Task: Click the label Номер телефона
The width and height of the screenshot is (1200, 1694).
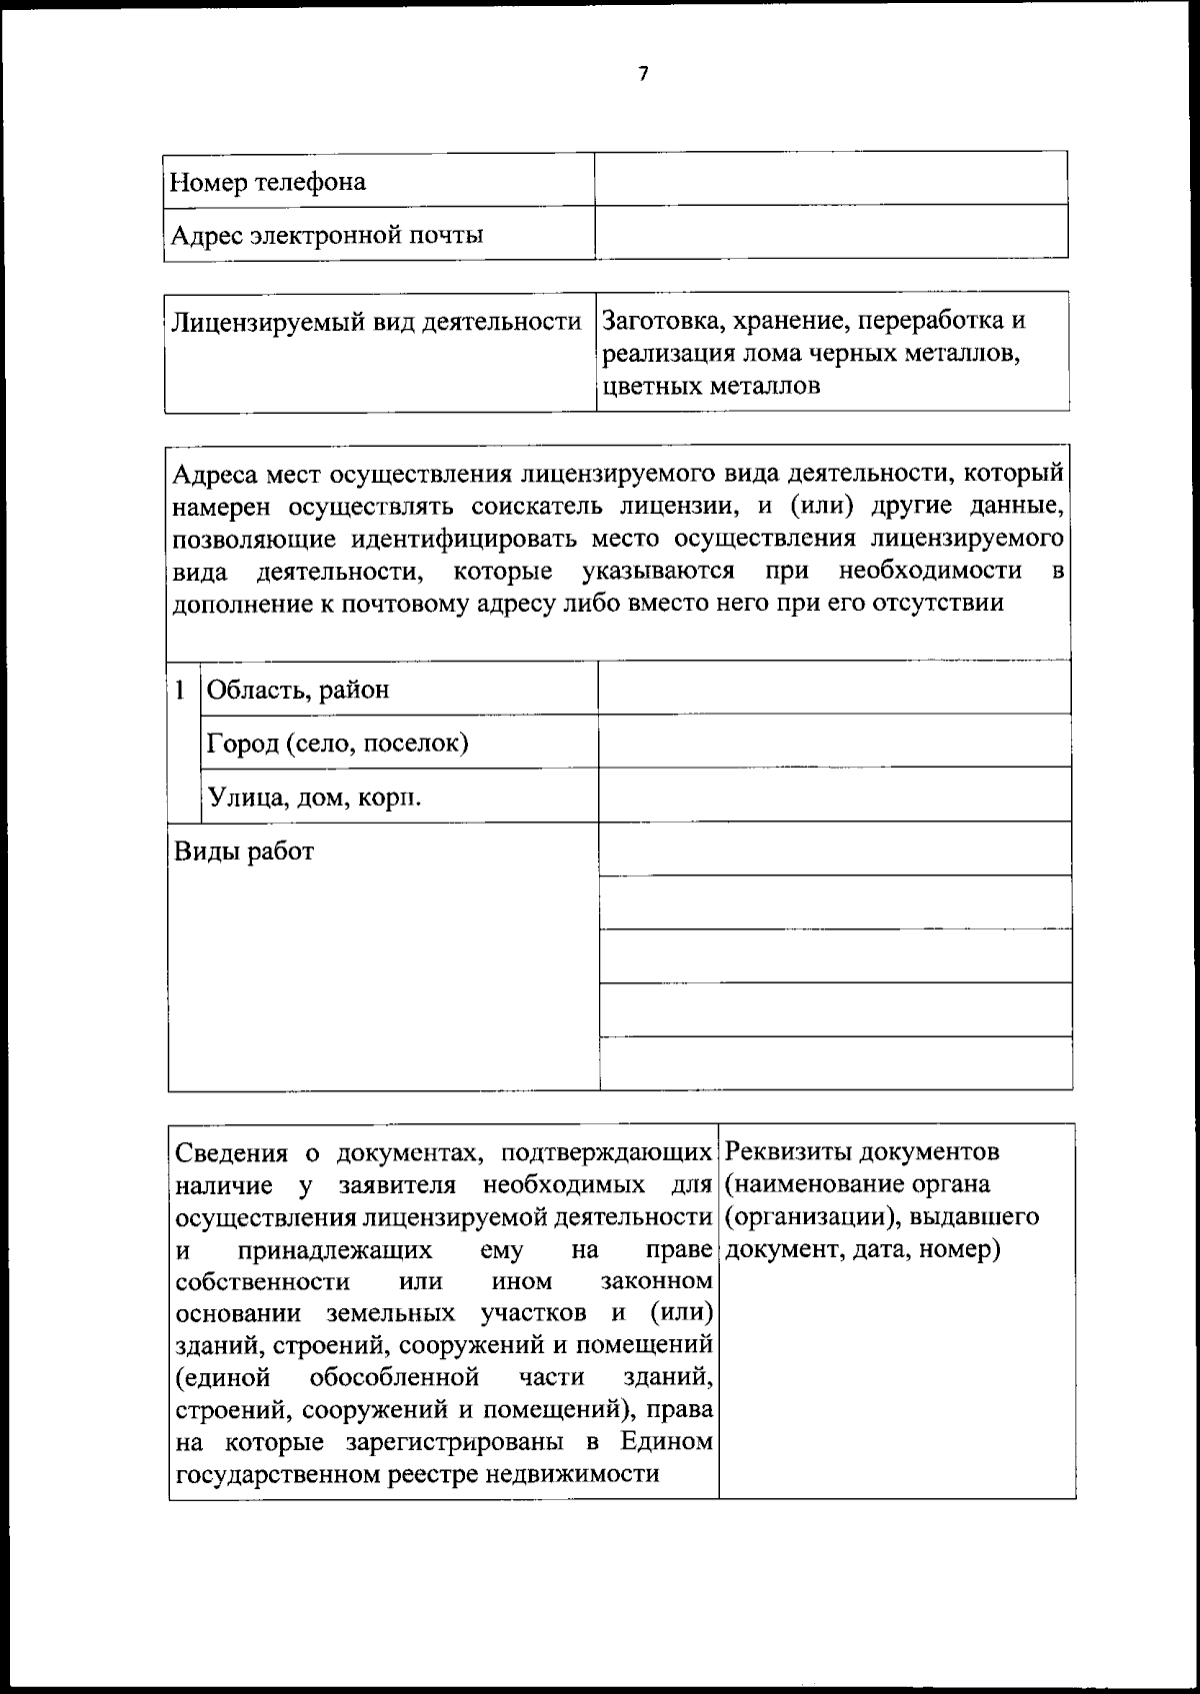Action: coord(268,182)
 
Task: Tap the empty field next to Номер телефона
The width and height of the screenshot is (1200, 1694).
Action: coord(830,179)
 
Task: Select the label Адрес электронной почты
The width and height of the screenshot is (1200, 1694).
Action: coord(327,236)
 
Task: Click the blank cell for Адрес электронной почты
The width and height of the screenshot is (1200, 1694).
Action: coord(830,232)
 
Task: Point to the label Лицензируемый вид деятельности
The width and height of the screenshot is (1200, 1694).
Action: coord(376,322)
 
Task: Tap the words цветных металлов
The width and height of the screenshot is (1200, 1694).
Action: coord(711,386)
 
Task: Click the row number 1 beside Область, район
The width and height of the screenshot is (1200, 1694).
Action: coord(180,690)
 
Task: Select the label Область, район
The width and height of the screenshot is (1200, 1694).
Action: coord(298,690)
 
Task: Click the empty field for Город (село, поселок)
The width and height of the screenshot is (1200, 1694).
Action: coord(834,741)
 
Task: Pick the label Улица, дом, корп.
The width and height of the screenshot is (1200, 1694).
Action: coord(314,798)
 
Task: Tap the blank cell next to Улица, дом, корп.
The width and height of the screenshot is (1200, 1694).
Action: coord(834,795)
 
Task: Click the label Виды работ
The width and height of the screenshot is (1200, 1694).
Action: coord(244,851)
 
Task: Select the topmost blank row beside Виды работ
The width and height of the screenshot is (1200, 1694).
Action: coord(834,849)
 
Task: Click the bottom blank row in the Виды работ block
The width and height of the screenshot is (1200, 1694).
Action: coord(834,1063)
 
